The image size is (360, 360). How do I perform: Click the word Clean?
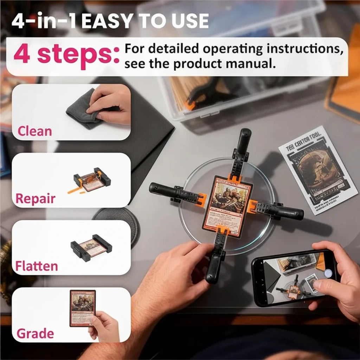click(x=34, y=131)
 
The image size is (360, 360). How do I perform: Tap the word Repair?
click(x=35, y=199)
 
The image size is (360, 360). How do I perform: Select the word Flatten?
click(x=36, y=266)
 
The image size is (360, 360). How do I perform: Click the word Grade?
click(x=35, y=333)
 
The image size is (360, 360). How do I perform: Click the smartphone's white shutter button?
click(x=328, y=273)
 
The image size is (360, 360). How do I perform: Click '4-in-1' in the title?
click(x=44, y=22)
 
